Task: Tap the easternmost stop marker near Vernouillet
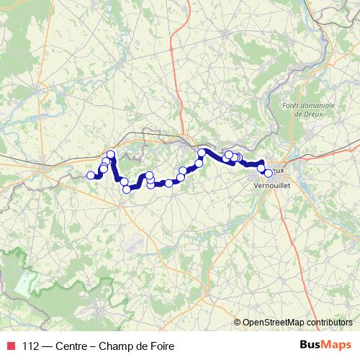point(269,173)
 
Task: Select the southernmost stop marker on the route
point(127,189)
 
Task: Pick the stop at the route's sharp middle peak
point(202,152)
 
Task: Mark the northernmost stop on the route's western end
point(111,155)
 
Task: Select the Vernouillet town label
point(273,184)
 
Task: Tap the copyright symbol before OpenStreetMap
point(238,323)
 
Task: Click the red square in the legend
point(9,346)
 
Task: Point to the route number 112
point(30,346)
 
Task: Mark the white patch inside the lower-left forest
point(26,282)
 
